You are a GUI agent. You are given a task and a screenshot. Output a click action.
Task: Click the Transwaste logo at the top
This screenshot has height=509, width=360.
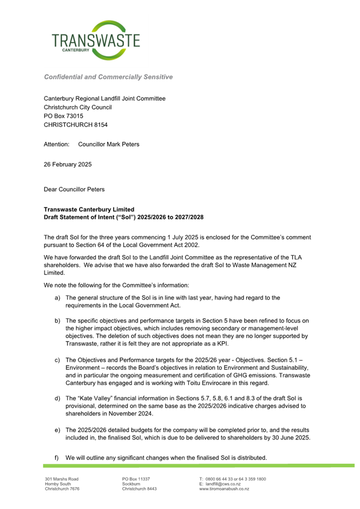[96, 40]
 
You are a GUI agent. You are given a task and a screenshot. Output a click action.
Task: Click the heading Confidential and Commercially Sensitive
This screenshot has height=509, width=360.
[108, 77]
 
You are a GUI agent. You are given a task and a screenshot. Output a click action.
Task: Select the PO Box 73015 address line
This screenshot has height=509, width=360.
[63, 116]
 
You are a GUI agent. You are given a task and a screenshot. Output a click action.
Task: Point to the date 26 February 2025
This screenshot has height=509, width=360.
[67, 165]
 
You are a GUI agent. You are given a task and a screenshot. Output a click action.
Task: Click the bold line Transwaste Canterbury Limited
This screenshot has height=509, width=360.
[89, 209]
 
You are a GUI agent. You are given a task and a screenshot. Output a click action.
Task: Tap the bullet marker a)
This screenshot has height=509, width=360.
[57, 297]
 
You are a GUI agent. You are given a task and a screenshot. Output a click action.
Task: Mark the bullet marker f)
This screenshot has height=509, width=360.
[57, 458]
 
